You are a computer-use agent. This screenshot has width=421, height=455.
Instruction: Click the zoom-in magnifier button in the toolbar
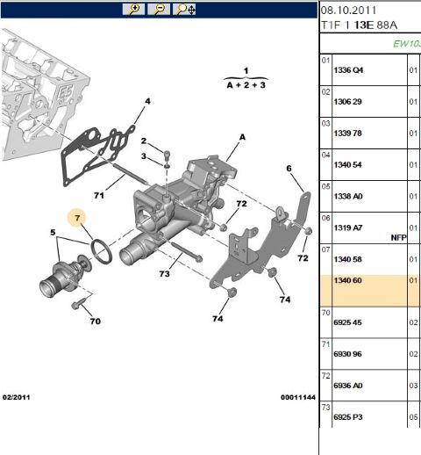point(134,9)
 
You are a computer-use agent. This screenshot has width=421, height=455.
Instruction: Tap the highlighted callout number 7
point(77,217)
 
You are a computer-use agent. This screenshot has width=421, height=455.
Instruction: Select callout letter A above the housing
point(242,137)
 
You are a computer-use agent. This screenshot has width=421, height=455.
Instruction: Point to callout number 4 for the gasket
point(147,102)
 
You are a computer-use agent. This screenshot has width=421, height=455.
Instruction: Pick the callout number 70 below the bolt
point(95,321)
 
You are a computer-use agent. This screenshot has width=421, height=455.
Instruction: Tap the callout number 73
point(164,275)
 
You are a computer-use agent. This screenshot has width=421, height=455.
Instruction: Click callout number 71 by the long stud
point(99,195)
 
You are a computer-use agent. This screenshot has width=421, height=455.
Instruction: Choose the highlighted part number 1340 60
point(347,282)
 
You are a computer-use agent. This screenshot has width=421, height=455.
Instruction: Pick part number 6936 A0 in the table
point(348,385)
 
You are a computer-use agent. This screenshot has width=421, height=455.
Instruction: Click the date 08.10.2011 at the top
point(348,10)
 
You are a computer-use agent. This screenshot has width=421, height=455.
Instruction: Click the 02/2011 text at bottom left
point(19,397)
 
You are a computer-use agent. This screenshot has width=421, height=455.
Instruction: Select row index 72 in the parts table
point(325,375)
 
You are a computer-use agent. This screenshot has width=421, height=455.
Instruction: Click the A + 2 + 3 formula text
point(246,86)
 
